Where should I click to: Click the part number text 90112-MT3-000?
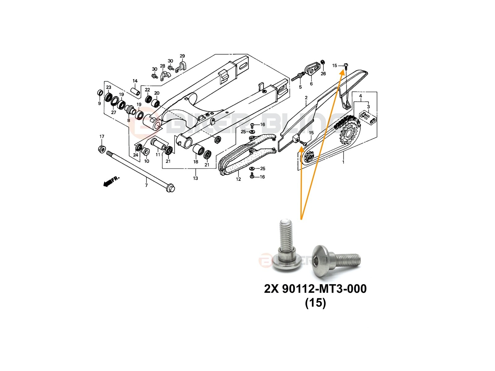pyautogui.click(x=324, y=289)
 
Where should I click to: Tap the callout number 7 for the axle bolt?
pyautogui.click(x=146, y=185)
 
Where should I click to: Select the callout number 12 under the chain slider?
pyautogui.click(x=238, y=179)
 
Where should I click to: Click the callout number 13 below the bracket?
pyautogui.click(x=195, y=178)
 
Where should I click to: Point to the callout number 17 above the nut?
pyautogui.click(x=102, y=137)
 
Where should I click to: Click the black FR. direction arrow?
pyautogui.click(x=109, y=182)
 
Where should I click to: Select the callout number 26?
pyautogui.click(x=323, y=74)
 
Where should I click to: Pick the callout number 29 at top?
pyautogui.click(x=182, y=56)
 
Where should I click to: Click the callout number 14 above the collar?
pyautogui.click(x=135, y=81)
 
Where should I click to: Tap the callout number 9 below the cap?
pyautogui.click(x=99, y=103)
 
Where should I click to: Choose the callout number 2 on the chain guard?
pyautogui.click(x=306, y=98)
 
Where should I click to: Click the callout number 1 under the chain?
pyautogui.click(x=343, y=162)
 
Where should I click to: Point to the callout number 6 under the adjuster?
pyautogui.click(x=311, y=84)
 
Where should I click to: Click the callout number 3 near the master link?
pyautogui.click(x=368, y=107)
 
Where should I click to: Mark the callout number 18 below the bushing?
pyautogui.click(x=196, y=162)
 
